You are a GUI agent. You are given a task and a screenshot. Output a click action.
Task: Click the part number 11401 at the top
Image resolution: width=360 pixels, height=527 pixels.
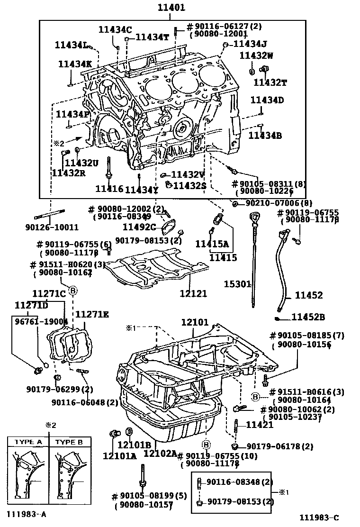[171, 8]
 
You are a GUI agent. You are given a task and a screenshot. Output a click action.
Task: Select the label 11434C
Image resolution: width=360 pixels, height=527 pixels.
[115, 29]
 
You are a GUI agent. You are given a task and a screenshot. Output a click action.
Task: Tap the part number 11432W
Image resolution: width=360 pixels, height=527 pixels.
[256, 55]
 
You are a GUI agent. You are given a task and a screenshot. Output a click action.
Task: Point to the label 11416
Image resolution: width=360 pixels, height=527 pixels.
[109, 189]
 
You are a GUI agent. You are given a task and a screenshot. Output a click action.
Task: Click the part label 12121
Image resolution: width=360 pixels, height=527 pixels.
[193, 293]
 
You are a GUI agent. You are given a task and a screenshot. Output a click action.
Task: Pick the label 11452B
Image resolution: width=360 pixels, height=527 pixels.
[308, 317]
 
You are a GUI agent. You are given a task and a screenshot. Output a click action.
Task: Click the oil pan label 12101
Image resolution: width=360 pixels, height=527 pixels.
[195, 322]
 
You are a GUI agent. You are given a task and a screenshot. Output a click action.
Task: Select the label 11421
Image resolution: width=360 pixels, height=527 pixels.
[260, 425]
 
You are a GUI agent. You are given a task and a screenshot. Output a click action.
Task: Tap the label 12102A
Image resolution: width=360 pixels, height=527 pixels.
[160, 454]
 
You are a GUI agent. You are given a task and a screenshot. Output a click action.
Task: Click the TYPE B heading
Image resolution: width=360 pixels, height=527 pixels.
[69, 442]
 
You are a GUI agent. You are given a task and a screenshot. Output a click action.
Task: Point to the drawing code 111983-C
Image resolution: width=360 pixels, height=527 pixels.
[319, 518]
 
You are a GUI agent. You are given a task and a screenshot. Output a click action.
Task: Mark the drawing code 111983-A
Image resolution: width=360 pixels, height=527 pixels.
[27, 514]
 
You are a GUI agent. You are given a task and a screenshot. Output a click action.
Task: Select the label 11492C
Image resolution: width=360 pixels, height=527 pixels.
[140, 227]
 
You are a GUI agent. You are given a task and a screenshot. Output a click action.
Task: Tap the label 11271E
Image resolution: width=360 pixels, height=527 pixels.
[92, 314]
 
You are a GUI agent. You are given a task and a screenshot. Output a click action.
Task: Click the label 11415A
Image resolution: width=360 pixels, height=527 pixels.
[212, 244]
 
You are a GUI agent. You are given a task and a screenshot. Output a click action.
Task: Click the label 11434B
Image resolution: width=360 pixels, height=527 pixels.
[265, 136]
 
